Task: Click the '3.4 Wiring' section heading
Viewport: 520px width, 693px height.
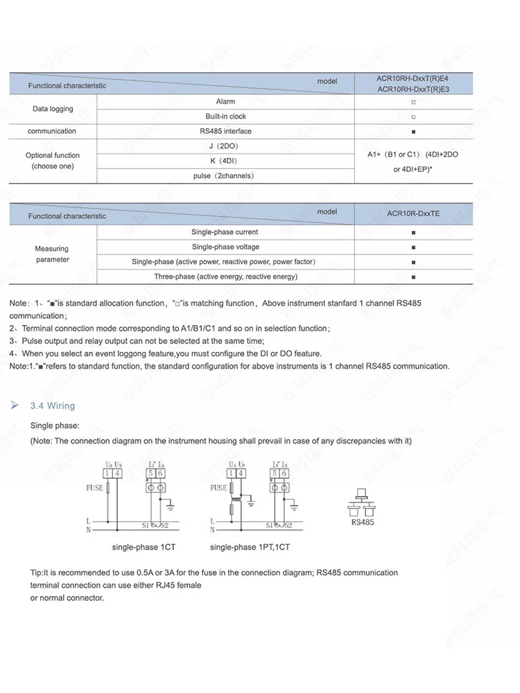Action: [x=53, y=405]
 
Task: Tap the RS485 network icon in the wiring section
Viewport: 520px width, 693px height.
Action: [x=361, y=505]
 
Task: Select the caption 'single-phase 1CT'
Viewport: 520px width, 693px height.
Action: [x=144, y=547]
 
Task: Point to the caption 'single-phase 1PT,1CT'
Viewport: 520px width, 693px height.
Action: [x=250, y=547]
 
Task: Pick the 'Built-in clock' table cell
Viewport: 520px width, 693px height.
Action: [x=225, y=116]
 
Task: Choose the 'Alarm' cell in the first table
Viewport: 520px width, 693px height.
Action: [x=225, y=101]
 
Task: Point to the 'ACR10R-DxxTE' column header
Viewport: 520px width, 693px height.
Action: [x=413, y=214]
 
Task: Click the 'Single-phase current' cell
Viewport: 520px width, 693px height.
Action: [x=225, y=232]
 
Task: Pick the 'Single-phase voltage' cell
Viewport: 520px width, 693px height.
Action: [x=225, y=247]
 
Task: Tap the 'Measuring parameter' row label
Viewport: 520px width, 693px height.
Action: [x=53, y=254]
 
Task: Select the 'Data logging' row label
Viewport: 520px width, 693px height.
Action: [x=53, y=109]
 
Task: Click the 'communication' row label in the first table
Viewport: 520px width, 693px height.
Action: [x=52, y=131]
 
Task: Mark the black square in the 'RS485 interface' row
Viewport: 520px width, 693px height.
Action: [x=413, y=132]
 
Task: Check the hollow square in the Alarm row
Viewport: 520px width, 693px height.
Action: [x=413, y=102]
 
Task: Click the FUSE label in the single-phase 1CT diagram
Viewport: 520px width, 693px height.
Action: [x=94, y=488]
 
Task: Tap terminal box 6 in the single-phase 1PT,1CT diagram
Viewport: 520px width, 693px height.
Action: [x=284, y=473]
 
